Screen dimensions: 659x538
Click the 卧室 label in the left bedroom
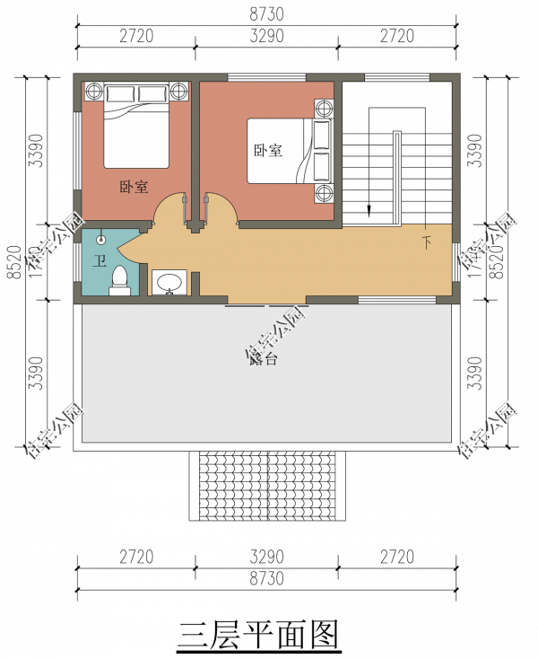(x=134, y=188)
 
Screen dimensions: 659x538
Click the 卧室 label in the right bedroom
(x=267, y=151)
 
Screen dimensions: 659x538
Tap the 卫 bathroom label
(x=100, y=261)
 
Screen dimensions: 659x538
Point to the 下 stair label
(x=426, y=242)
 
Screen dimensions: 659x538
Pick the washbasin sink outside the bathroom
(x=169, y=284)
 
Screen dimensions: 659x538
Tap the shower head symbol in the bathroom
(x=101, y=240)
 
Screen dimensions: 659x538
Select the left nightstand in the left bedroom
(x=94, y=91)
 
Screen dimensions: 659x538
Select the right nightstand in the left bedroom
(x=178, y=91)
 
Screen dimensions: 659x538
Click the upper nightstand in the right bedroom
(x=324, y=109)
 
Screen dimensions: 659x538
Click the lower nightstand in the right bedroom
(x=324, y=193)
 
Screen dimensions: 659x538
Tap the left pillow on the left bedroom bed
(x=121, y=93)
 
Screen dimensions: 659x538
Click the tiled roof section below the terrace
(x=267, y=485)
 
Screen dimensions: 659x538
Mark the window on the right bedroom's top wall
(x=268, y=78)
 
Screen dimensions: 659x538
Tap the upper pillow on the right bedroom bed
(x=322, y=135)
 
